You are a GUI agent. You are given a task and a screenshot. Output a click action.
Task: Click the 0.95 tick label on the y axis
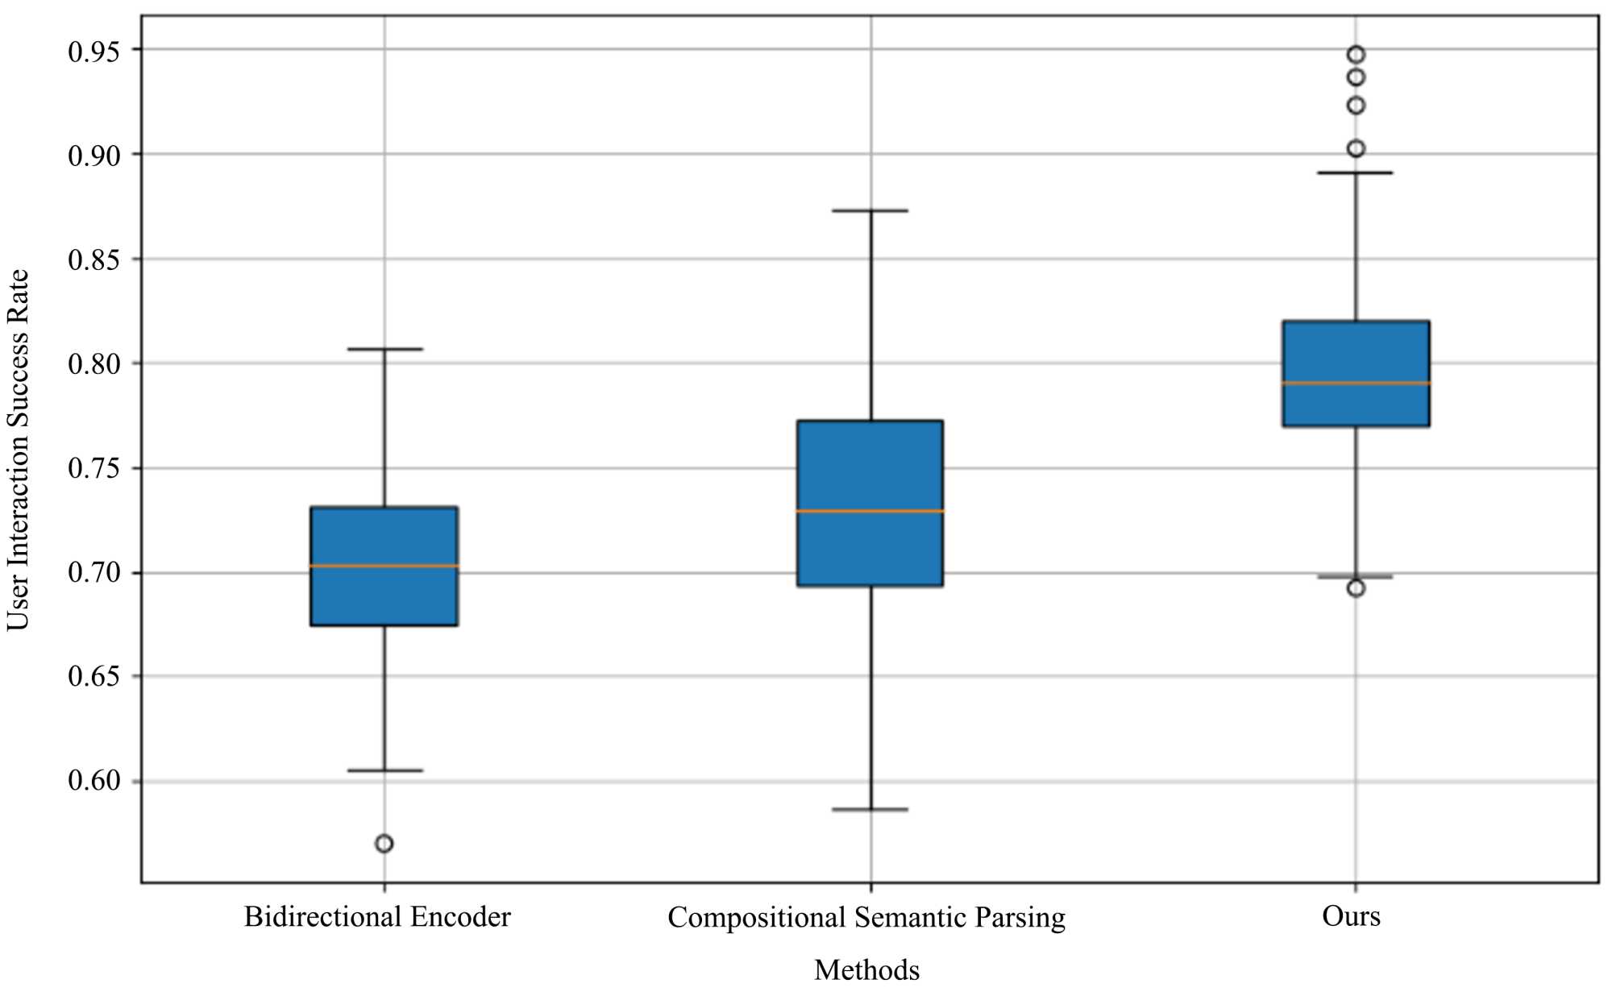point(93,52)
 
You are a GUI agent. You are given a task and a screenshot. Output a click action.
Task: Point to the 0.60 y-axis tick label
point(93,781)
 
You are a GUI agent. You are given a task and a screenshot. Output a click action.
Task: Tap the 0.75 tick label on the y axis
point(93,468)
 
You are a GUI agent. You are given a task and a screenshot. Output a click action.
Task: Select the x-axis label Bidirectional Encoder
point(377,917)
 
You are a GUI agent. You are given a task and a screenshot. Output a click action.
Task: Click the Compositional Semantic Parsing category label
point(866,918)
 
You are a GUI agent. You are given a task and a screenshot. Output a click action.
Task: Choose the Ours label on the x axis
point(1351,916)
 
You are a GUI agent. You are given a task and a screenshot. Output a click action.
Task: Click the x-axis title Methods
point(866,969)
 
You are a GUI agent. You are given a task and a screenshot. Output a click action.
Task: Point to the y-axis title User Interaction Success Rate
point(18,450)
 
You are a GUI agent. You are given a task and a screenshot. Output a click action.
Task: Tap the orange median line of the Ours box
point(1356,383)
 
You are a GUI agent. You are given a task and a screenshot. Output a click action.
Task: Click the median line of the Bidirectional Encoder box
point(384,566)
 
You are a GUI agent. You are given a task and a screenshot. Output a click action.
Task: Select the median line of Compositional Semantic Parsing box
point(870,511)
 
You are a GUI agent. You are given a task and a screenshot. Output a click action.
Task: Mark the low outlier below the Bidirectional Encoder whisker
point(384,844)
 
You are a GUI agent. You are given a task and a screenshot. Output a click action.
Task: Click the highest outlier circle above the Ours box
point(1356,55)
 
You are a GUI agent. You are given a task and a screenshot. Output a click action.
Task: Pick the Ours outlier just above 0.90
point(1356,148)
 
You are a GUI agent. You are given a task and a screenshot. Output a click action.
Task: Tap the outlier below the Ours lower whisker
point(1356,588)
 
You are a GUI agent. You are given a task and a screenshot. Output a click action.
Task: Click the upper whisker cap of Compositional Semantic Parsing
point(870,210)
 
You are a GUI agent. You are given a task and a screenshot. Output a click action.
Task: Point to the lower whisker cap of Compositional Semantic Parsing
point(870,809)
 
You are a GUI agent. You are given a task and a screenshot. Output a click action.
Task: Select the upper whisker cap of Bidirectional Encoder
point(384,349)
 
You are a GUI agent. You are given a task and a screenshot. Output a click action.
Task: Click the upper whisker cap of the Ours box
point(1356,172)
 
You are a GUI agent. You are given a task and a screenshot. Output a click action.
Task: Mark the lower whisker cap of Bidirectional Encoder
point(384,770)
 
